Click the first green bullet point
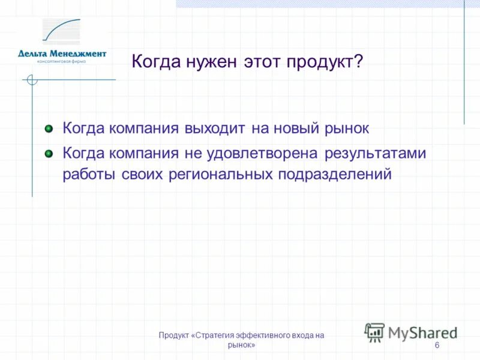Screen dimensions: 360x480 click(49, 128)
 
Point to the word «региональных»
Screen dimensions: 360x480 click(226, 174)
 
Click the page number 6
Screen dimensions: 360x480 click(436, 346)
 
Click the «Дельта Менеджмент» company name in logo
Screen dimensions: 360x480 click(62, 53)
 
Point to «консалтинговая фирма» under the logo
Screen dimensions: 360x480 click(62, 61)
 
